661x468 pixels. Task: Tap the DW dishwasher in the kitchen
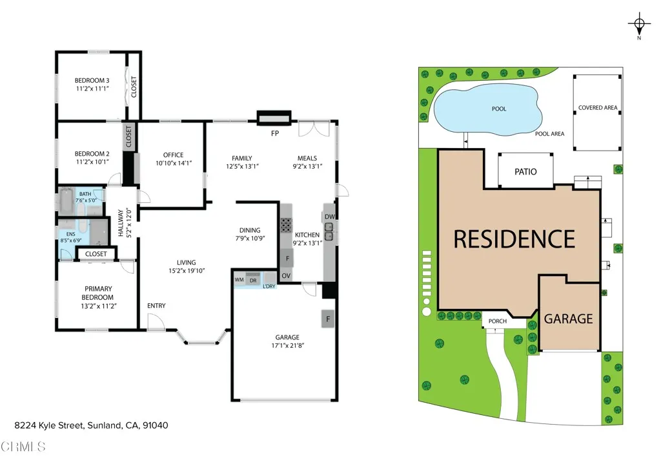[x=329, y=217]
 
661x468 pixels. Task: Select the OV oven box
[x=287, y=276]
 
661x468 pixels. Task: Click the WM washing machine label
[x=239, y=279]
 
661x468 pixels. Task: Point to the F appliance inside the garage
[x=329, y=319]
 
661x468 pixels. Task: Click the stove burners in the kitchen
[x=285, y=225]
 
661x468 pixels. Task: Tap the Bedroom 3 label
[x=92, y=80]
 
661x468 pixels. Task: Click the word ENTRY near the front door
[x=156, y=306]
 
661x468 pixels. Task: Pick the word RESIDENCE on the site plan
[x=514, y=239]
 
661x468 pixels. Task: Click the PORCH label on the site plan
[x=498, y=321]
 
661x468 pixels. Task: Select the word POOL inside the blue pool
[x=499, y=109]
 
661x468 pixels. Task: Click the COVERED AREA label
[x=598, y=108]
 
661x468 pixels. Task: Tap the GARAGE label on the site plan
[x=568, y=319]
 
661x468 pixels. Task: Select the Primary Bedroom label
[x=98, y=293]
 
